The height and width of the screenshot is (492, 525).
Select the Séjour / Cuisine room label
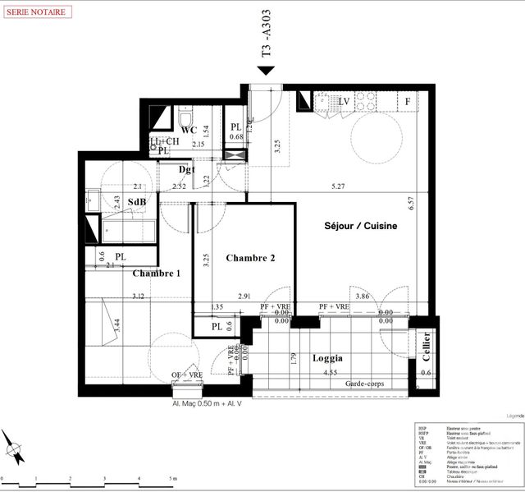pyautogui.click(x=360, y=226)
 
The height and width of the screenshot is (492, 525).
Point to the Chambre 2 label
pyautogui.click(x=250, y=258)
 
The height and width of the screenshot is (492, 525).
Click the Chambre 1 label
pyautogui.click(x=157, y=274)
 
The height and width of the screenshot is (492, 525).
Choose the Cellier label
pyautogui.click(x=427, y=345)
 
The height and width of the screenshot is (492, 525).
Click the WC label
pyautogui.click(x=189, y=130)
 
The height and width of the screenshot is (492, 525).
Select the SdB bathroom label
pyautogui.click(x=136, y=202)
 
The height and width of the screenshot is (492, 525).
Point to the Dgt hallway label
pyautogui.click(x=187, y=169)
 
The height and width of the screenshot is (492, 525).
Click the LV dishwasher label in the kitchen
pyautogui.click(x=344, y=101)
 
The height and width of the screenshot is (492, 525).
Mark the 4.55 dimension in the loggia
pyautogui.click(x=330, y=373)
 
